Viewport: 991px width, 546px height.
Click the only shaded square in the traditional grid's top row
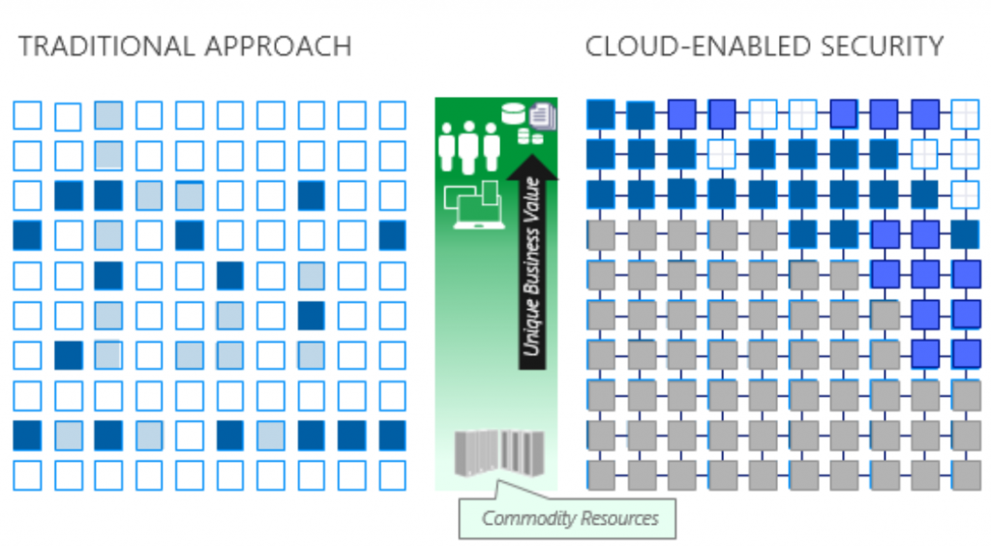[x=108, y=115]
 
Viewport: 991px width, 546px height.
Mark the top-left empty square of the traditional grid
[x=27, y=116]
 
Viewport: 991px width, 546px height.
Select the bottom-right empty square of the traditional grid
[x=392, y=475]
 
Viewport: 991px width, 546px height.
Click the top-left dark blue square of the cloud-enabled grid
[x=601, y=114]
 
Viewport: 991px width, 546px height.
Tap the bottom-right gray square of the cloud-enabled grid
[x=966, y=475]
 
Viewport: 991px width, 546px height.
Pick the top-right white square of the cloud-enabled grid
[x=966, y=114]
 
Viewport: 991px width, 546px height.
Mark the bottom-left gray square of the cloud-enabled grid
[x=601, y=475]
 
